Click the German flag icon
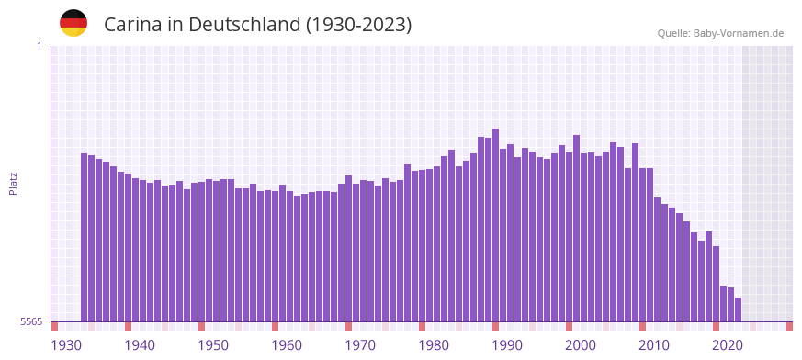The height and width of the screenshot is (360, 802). pyautogui.click(x=73, y=23)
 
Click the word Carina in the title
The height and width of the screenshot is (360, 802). pyautogui.click(x=132, y=25)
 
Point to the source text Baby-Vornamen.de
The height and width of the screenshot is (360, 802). pyautogui.click(x=739, y=33)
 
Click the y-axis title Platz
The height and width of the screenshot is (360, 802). pyautogui.click(x=13, y=184)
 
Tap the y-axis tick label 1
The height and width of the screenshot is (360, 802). pyautogui.click(x=39, y=46)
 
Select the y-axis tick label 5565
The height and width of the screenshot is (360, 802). pyautogui.click(x=30, y=321)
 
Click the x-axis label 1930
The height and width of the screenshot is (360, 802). pyautogui.click(x=66, y=345)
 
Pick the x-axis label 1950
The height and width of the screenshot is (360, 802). pyautogui.click(x=213, y=345)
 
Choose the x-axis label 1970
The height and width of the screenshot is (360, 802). pyautogui.click(x=360, y=345)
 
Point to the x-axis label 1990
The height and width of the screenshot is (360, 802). pyautogui.click(x=507, y=345)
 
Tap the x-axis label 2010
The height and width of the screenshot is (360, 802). pyautogui.click(x=654, y=345)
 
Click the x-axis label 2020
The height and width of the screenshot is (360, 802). pyautogui.click(x=728, y=345)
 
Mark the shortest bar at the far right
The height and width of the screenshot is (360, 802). pyautogui.click(x=739, y=309)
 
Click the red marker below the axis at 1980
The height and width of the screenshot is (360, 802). pyautogui.click(x=423, y=326)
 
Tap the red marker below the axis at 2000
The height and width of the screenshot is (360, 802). pyautogui.click(x=570, y=326)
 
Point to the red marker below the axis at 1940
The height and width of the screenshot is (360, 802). pyautogui.click(x=129, y=326)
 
